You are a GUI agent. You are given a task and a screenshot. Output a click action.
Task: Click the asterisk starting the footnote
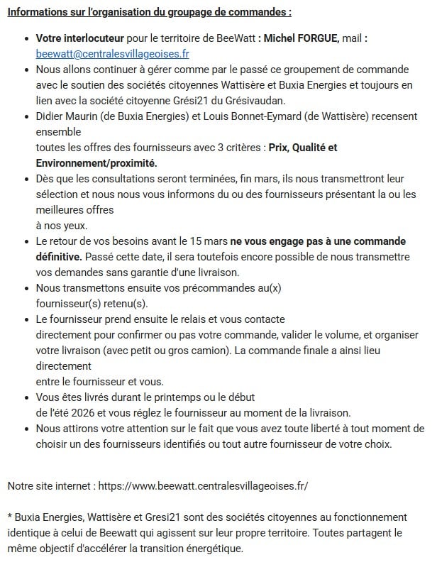(10, 517)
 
